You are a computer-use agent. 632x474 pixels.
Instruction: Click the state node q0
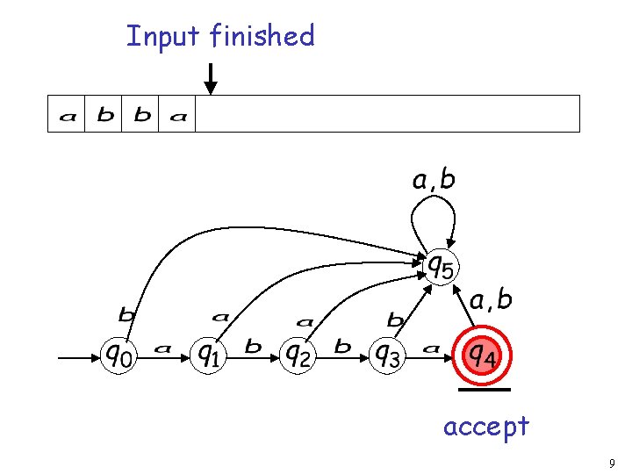(121, 355)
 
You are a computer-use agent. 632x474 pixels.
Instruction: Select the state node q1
(208, 355)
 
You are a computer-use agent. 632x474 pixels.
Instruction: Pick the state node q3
(387, 355)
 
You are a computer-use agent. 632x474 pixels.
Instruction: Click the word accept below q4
(485, 427)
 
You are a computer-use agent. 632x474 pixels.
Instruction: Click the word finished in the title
(262, 36)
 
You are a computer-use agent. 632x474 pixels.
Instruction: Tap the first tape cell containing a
(67, 115)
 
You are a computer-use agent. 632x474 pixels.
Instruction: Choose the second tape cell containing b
(104, 115)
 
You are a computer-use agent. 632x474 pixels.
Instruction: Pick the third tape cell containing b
(141, 115)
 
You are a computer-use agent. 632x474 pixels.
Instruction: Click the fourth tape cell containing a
(178, 115)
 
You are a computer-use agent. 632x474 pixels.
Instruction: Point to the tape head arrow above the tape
(210, 79)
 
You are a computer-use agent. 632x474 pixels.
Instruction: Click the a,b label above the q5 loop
(434, 181)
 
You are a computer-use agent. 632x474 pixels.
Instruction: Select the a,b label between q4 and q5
(491, 301)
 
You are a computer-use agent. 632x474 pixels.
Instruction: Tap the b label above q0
(126, 313)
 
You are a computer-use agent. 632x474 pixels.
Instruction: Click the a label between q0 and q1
(162, 349)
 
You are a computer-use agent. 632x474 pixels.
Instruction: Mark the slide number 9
(611, 463)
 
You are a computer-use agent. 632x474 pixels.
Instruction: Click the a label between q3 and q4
(431, 349)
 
